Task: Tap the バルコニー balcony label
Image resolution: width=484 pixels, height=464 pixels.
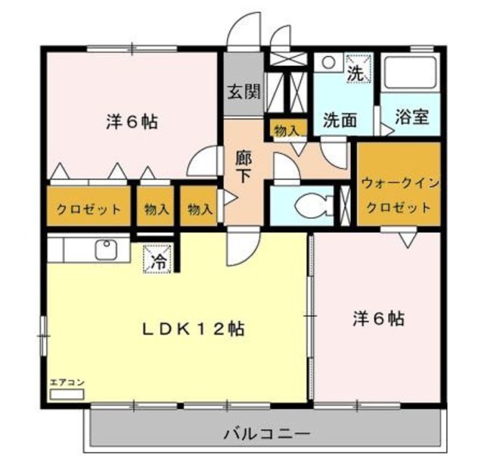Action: [265, 434]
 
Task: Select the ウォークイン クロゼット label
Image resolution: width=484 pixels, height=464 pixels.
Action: [398, 195]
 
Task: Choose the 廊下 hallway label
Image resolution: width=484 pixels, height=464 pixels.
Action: [243, 166]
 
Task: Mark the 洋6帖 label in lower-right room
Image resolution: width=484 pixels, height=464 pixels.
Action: [377, 318]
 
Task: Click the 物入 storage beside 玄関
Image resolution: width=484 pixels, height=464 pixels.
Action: [287, 131]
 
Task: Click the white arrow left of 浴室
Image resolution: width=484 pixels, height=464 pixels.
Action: [386, 129]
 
